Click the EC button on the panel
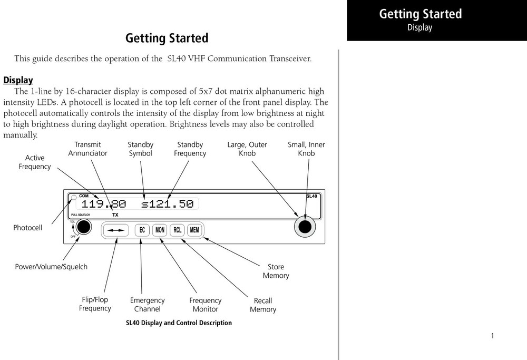(x=142, y=230)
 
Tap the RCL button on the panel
(x=178, y=230)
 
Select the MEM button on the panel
(x=195, y=230)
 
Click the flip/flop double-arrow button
(x=116, y=230)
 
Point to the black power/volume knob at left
(x=83, y=227)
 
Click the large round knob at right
(x=304, y=227)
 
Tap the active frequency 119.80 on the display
(x=104, y=204)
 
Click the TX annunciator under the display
(x=115, y=215)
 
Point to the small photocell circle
(x=74, y=198)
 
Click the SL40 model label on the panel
(x=311, y=196)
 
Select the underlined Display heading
(x=18, y=80)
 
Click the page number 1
(x=492, y=336)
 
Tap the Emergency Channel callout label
(x=147, y=305)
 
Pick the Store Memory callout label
(x=276, y=271)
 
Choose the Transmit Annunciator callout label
(x=87, y=149)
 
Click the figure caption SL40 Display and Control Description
(x=179, y=323)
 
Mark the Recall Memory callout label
(x=263, y=305)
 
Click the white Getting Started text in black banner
(x=420, y=14)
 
